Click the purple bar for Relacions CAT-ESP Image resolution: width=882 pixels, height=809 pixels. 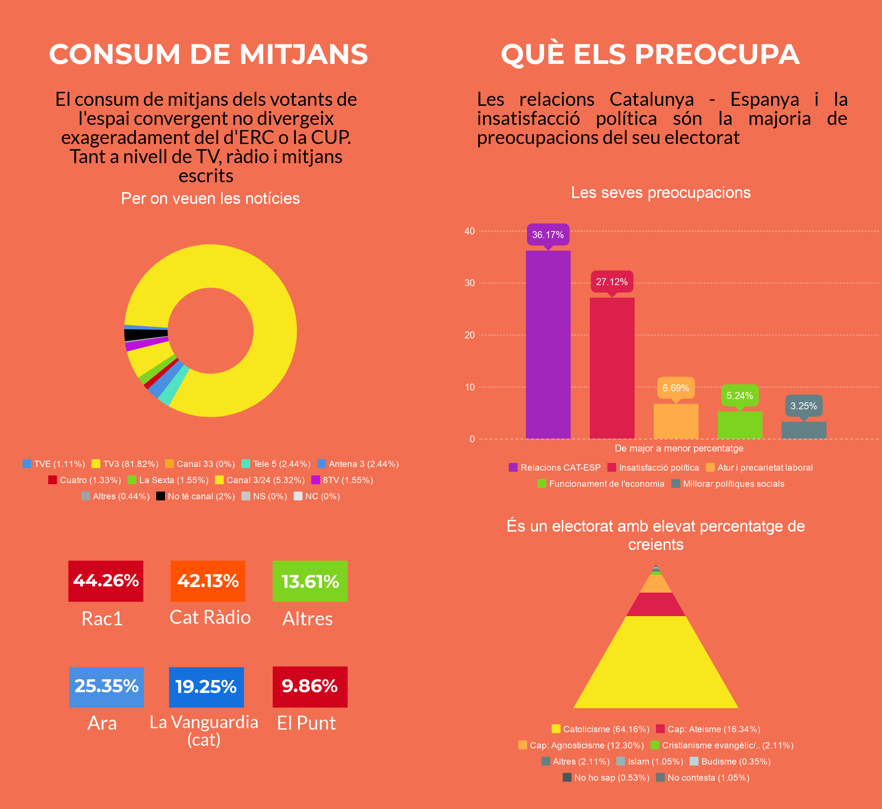[548, 345]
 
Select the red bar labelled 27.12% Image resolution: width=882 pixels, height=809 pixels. [612, 368]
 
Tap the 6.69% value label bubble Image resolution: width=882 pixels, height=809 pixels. [676, 388]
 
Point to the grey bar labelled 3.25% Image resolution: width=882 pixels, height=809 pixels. [804, 430]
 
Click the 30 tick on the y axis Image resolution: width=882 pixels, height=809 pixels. [469, 283]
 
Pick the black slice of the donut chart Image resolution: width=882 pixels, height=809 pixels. [146, 334]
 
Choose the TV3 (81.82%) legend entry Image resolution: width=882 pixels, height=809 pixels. [125, 464]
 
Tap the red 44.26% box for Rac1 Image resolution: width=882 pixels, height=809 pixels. [105, 581]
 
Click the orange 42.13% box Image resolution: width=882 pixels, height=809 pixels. [208, 581]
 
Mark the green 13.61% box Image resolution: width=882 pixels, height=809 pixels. [310, 581]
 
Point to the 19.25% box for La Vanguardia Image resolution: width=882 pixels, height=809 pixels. [206, 687]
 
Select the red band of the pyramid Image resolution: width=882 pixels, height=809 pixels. [656, 604]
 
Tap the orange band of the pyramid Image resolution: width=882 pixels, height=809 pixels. [656, 583]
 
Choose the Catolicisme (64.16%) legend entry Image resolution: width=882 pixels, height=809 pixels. [600, 729]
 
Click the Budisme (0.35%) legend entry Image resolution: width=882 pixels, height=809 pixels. [730, 761]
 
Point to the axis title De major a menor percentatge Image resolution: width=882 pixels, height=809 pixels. [679, 448]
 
